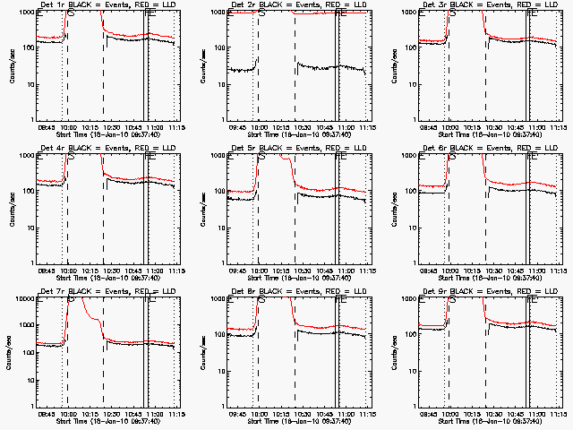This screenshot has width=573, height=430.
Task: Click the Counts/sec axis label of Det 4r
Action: point(11,210)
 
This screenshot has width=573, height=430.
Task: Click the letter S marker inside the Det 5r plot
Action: point(261,157)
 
